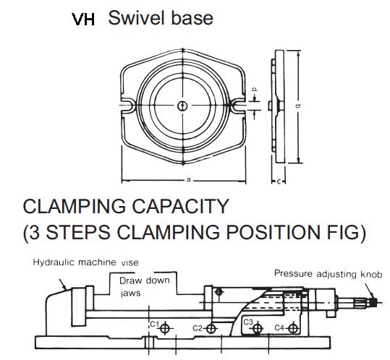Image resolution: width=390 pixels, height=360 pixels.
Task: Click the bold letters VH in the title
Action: coord(83,20)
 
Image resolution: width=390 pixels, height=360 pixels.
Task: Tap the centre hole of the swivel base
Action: coord(183,106)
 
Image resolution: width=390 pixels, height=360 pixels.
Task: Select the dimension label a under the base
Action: coord(189,179)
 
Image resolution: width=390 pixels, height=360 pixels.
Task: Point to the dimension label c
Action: coord(279,181)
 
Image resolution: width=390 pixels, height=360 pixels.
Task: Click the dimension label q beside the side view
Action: coord(297,106)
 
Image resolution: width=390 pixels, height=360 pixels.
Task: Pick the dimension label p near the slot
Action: coord(255,89)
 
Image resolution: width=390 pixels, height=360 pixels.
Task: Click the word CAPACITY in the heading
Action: coord(180,206)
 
